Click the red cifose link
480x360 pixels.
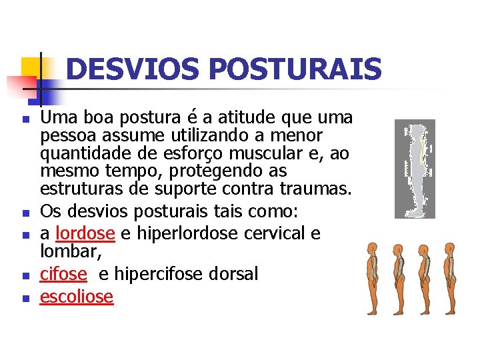(63, 274)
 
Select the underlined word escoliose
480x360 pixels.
(77, 296)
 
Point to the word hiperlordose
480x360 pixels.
(176, 234)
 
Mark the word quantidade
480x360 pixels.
(79, 153)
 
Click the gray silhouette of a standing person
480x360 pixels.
(415, 169)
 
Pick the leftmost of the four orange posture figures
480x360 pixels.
(372, 279)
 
